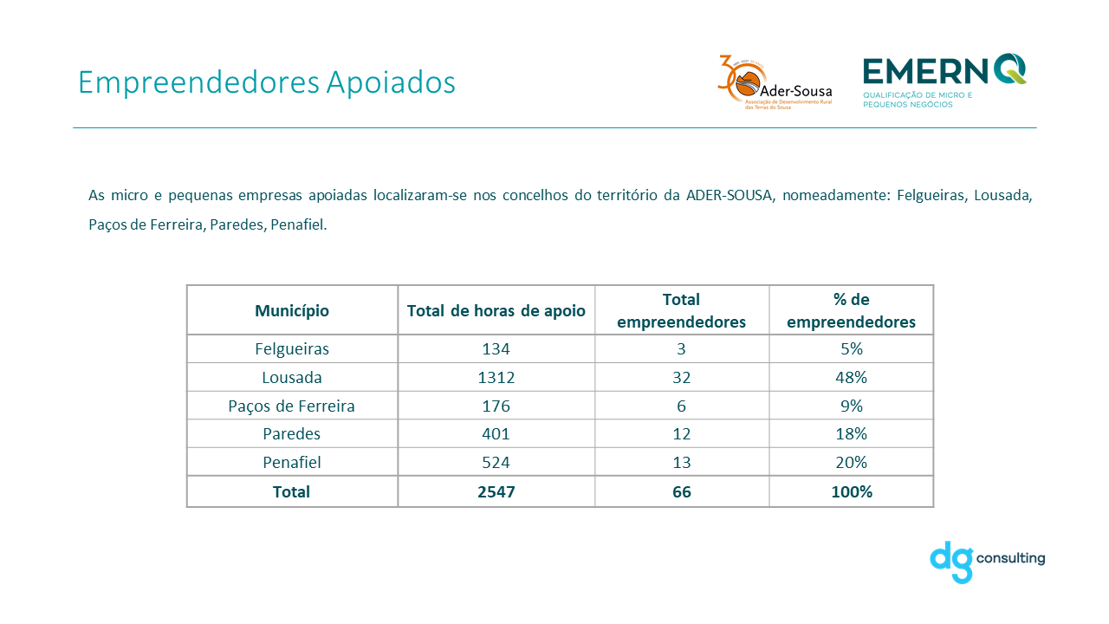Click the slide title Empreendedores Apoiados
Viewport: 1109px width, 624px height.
266,82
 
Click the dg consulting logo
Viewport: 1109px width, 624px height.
987,561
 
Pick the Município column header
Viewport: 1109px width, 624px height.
292,310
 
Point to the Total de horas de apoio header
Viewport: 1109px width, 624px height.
496,310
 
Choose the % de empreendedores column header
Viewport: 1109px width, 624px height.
851,310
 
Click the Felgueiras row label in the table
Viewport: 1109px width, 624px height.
292,349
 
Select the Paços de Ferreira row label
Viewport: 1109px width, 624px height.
292,406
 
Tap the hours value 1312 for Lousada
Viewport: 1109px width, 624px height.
496,378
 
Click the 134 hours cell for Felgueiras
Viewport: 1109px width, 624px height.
496,349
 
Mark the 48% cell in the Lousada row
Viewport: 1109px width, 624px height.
851,378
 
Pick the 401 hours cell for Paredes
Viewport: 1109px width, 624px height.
496,434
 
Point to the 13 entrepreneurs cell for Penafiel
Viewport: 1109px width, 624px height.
681,462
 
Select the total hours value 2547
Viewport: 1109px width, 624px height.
496,491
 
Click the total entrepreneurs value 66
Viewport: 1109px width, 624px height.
681,491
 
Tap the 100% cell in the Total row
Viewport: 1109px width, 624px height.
851,491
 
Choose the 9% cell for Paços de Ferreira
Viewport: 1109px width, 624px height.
851,406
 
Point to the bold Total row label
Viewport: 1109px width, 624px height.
292,491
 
